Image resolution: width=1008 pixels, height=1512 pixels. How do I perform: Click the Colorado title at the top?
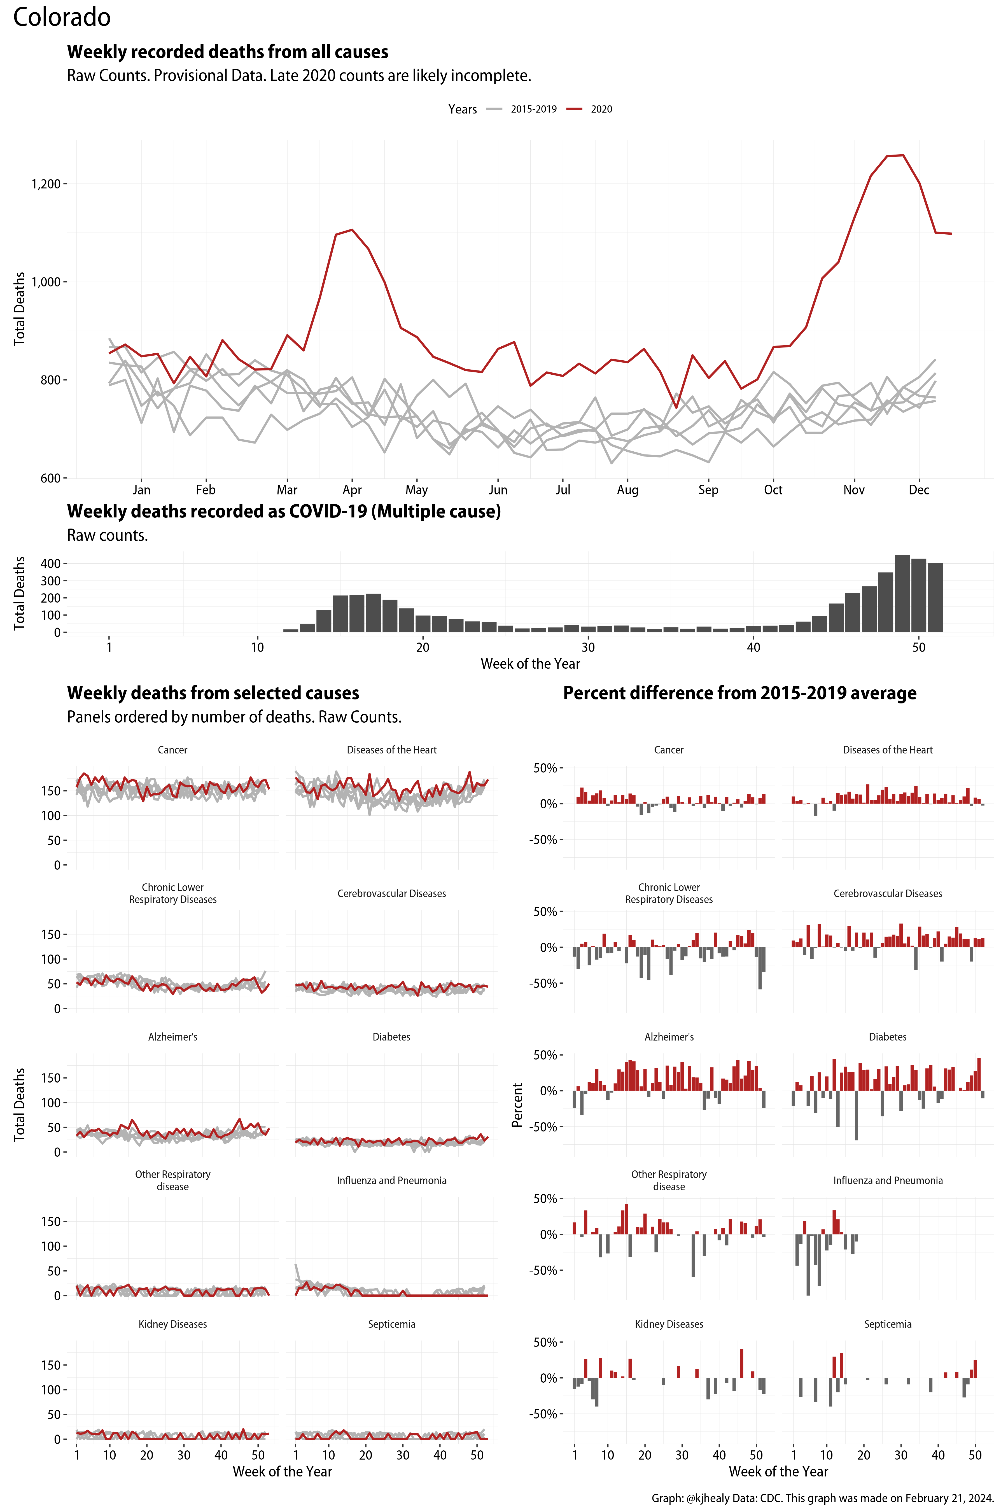click(x=62, y=17)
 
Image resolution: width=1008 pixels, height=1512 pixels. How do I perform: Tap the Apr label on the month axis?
click(x=352, y=490)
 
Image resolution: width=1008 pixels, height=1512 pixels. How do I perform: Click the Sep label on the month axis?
click(x=708, y=490)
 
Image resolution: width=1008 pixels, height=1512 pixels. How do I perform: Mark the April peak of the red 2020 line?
click(x=352, y=230)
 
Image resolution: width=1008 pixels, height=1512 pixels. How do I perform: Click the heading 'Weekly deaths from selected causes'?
click(x=213, y=693)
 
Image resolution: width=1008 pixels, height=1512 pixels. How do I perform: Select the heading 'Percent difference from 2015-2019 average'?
click(x=739, y=693)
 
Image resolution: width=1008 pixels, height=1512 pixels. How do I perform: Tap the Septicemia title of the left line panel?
click(x=391, y=1324)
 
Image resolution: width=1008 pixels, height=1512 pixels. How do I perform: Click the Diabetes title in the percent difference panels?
click(x=887, y=1037)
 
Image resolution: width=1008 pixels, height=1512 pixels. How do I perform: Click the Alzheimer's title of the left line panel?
click(x=172, y=1037)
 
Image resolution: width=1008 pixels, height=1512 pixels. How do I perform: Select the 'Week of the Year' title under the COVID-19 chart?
click(x=530, y=664)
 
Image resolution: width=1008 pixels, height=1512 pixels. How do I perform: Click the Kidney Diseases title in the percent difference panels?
click(x=669, y=1324)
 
